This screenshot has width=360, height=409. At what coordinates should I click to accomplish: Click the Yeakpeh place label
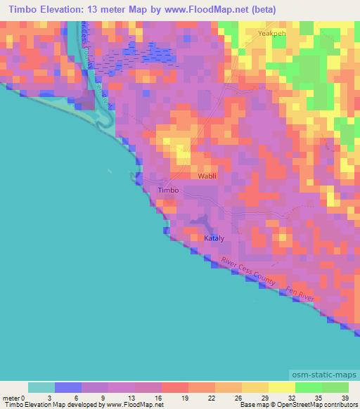coord(272,33)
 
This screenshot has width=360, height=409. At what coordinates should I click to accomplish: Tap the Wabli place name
coord(207,176)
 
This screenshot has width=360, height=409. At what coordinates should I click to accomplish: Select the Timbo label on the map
coord(169,190)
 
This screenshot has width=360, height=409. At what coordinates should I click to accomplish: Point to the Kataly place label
coord(214,239)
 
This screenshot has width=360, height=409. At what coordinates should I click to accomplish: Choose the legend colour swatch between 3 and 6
coord(68,387)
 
